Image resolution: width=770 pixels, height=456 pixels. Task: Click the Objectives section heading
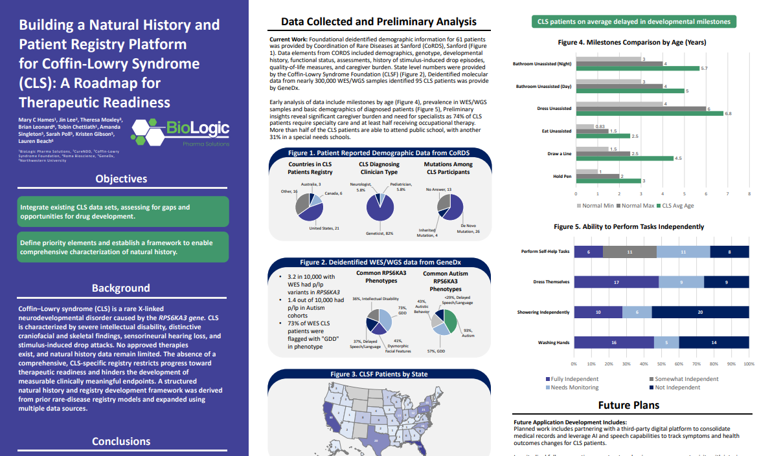pos(121,179)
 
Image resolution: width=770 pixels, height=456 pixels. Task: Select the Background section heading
pos(120,288)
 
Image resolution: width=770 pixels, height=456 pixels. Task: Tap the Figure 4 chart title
pos(631,42)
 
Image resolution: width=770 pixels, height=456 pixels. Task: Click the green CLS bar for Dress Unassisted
pos(650,114)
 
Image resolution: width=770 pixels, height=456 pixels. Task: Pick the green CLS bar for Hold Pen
pos(608,181)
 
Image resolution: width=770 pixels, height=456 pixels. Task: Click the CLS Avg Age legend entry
pos(677,206)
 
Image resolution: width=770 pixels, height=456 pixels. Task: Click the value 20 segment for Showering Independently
pos(700,312)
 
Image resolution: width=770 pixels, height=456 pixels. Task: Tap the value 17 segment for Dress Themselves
pos(616,282)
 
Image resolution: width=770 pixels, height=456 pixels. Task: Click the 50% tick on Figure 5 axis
pos(661,364)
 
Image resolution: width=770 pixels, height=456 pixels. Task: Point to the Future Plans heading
pos(628,406)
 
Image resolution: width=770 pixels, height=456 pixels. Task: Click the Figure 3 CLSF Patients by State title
pos(379,374)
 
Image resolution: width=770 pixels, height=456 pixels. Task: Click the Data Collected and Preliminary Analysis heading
pos(379,22)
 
